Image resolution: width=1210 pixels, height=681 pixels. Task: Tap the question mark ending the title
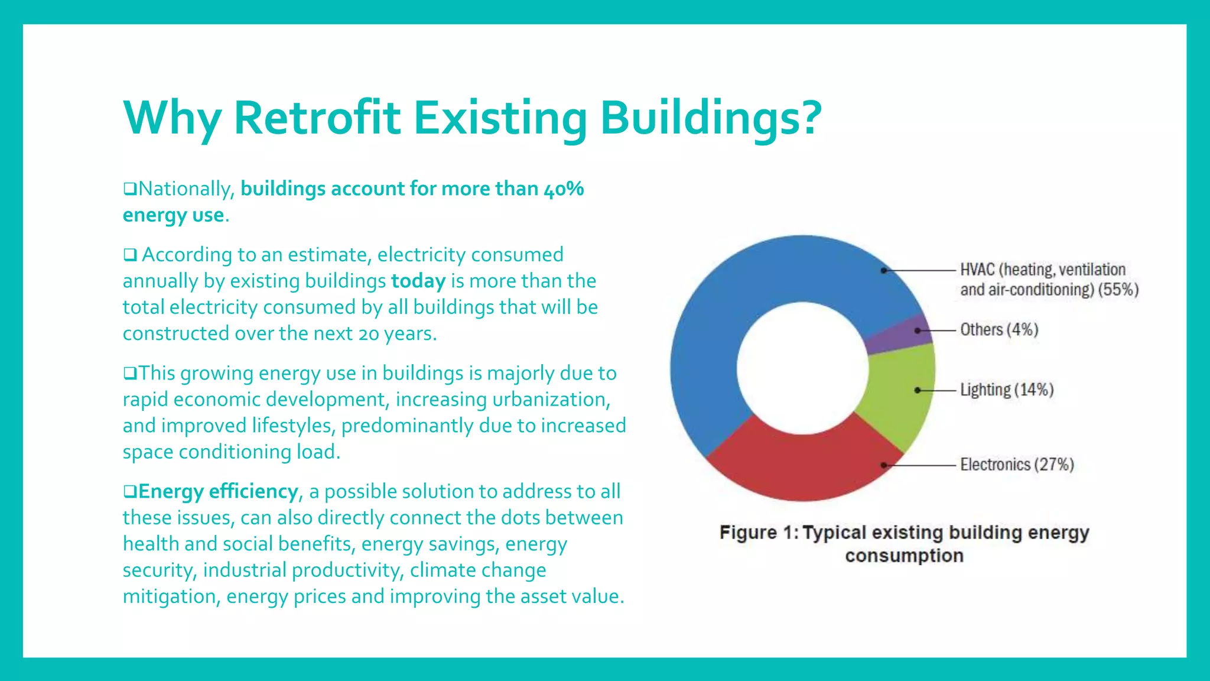coord(807,117)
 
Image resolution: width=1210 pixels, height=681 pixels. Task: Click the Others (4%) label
coord(998,329)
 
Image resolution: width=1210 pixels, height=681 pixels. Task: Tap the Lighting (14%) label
coord(1006,390)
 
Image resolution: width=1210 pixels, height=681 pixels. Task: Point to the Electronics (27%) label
coord(1016,465)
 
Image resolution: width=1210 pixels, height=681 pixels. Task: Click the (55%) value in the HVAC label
coord(1118,290)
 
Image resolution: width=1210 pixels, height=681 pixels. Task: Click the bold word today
coord(418,281)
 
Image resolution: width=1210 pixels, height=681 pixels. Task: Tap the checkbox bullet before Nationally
coord(129,189)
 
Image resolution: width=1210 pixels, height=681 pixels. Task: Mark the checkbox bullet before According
coord(130,255)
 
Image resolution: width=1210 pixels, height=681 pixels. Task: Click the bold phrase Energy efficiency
coord(218,491)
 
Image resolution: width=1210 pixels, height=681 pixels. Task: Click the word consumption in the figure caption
coord(904,556)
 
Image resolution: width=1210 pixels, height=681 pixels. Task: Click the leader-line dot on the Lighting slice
coord(917,390)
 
